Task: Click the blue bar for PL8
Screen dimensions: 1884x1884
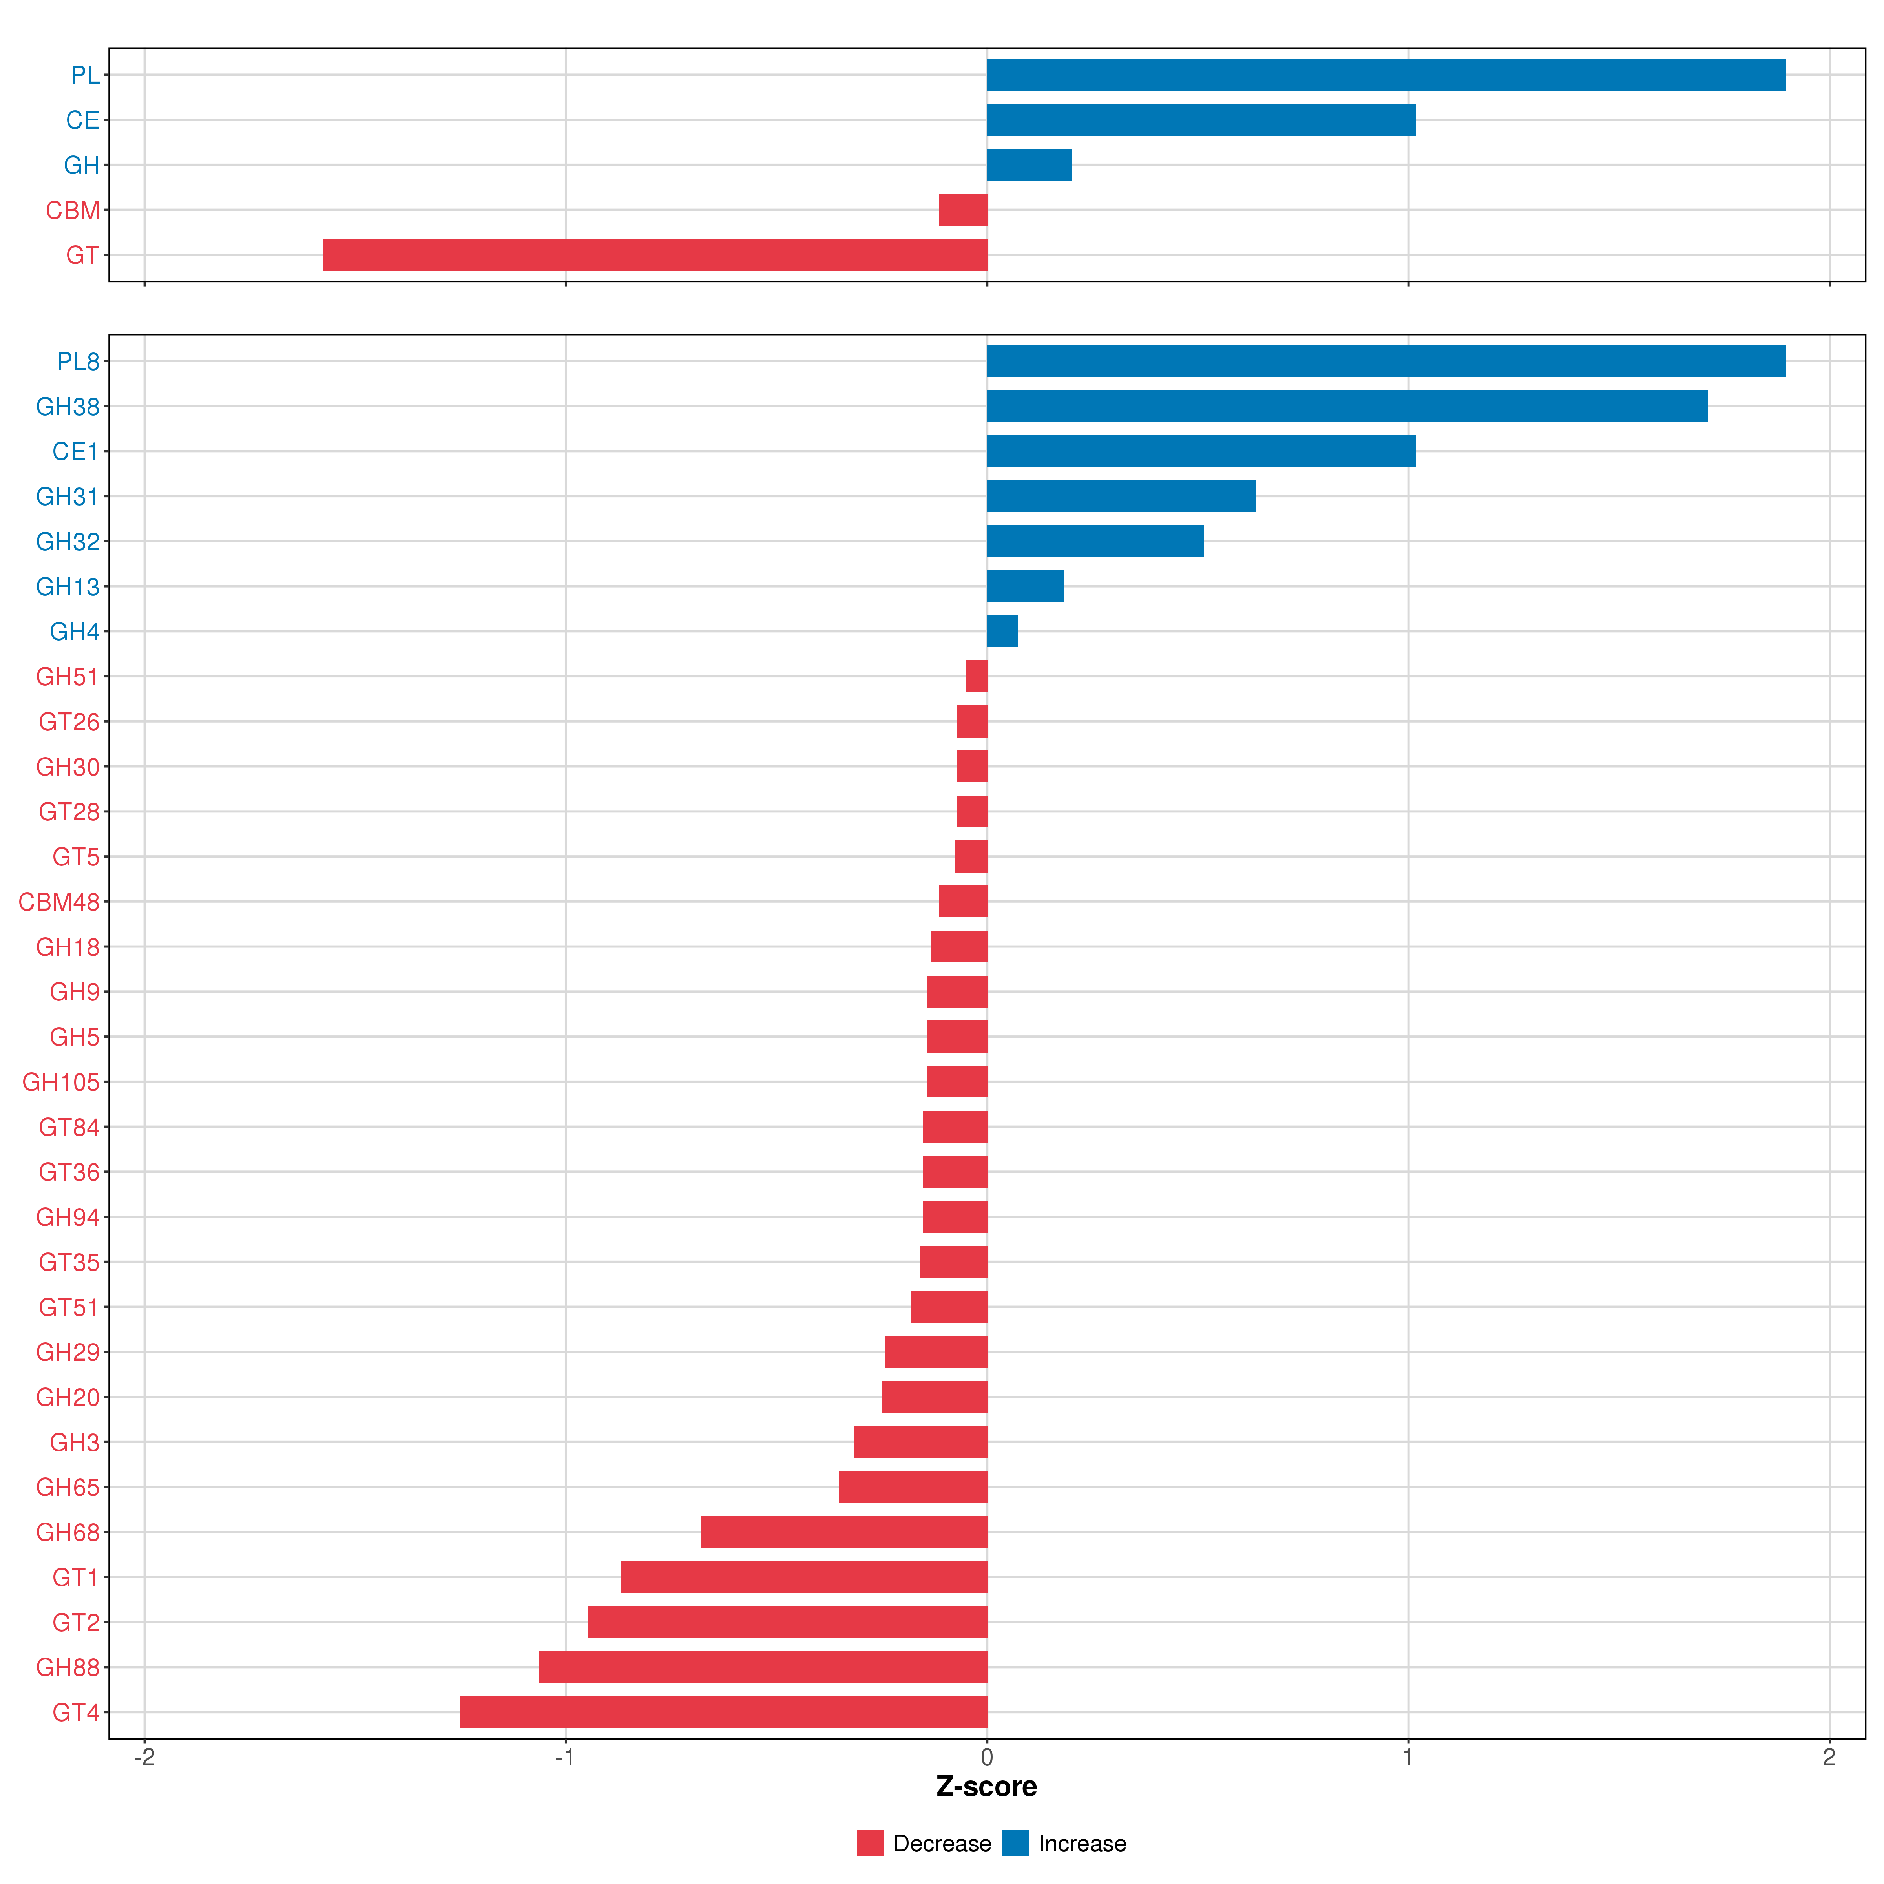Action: point(1386,361)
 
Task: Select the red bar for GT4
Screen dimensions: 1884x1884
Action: point(723,1712)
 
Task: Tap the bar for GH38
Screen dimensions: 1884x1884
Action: point(1347,406)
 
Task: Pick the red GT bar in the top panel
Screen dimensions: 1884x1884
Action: point(654,254)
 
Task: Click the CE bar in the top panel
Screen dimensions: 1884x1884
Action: point(1200,120)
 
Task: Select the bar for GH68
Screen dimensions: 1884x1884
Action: point(843,1532)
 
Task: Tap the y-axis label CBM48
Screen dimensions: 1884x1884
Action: point(58,902)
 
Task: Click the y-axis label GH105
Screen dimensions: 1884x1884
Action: point(60,1083)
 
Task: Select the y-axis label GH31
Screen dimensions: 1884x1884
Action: point(67,497)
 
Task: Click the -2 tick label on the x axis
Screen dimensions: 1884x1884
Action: point(144,1757)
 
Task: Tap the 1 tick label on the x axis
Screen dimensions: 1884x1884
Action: point(1407,1757)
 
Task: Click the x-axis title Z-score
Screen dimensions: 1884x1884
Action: point(986,1787)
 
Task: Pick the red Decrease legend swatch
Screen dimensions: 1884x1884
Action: point(870,1843)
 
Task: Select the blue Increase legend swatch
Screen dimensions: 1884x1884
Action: point(1015,1843)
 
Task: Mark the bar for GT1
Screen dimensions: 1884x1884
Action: point(803,1577)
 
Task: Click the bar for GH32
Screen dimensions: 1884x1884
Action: point(1095,541)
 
